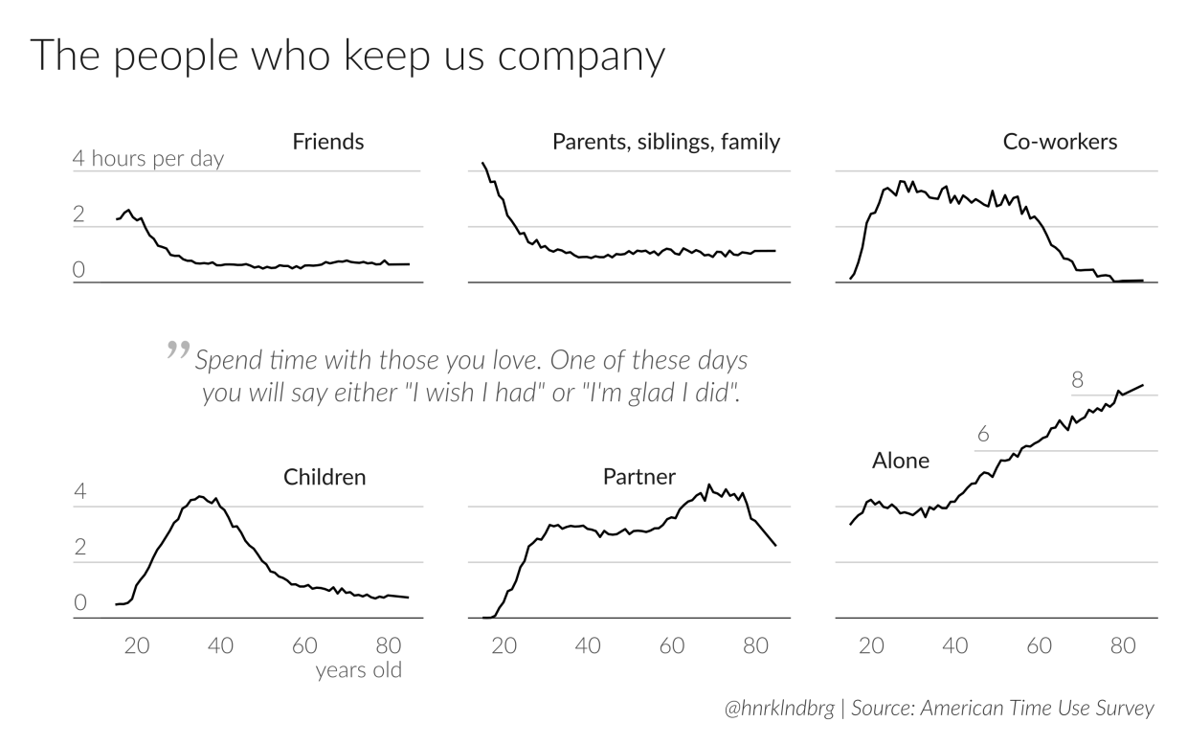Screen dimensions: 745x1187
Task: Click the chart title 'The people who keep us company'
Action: [x=347, y=57]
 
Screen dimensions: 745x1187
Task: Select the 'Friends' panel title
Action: [x=327, y=143]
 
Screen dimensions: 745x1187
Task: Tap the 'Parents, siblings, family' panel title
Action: [x=666, y=143]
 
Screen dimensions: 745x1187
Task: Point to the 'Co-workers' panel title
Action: [x=1060, y=143]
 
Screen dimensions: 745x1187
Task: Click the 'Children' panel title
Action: [x=325, y=477]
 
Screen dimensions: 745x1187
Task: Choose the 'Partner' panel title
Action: [x=639, y=476]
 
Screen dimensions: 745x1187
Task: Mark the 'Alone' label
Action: [x=900, y=461]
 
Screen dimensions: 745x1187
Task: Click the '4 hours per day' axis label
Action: [x=148, y=159]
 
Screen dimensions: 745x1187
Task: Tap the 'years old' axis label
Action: [x=359, y=670]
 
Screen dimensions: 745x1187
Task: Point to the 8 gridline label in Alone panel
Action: [x=1077, y=380]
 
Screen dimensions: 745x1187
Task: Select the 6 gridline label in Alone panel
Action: [x=982, y=435]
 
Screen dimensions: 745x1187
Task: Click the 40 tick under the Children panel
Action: [x=220, y=645]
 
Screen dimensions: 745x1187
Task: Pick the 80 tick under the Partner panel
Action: [x=755, y=645]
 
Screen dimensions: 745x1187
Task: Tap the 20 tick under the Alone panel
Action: [x=870, y=645]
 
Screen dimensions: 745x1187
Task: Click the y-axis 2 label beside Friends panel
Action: [x=79, y=215]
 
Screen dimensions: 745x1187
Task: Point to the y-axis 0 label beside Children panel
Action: [x=80, y=604]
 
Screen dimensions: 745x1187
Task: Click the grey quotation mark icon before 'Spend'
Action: [x=177, y=350]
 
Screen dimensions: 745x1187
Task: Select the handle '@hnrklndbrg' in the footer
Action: [x=778, y=710]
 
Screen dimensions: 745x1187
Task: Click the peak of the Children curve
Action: [x=200, y=496]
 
